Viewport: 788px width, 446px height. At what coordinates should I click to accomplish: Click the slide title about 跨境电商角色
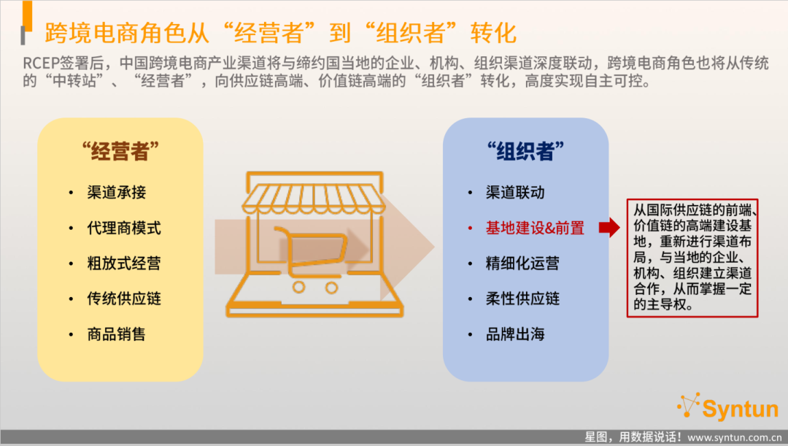pyautogui.click(x=280, y=33)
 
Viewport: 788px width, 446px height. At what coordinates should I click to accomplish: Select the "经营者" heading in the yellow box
pyautogui.click(x=120, y=151)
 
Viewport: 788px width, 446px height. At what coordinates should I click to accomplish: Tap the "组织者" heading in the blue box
pyautogui.click(x=525, y=151)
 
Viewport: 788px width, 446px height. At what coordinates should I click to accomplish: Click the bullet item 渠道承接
pyautogui.click(x=117, y=192)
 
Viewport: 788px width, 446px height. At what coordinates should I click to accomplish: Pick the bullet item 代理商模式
pyautogui.click(x=124, y=228)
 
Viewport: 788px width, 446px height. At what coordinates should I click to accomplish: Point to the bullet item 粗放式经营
pyautogui.click(x=124, y=263)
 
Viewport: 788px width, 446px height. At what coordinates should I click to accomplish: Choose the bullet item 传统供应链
pyautogui.click(x=124, y=299)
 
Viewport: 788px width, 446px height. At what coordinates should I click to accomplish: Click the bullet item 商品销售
pyautogui.click(x=117, y=334)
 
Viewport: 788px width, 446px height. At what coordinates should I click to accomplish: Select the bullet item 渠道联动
pyautogui.click(x=515, y=192)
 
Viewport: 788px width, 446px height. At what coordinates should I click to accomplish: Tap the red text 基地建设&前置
pyautogui.click(x=535, y=228)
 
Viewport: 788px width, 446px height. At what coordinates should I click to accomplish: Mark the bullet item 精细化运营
pyautogui.click(x=522, y=263)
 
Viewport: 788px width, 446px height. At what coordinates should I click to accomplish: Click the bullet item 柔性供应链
pyautogui.click(x=522, y=299)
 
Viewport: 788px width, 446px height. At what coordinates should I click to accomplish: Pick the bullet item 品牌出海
pyautogui.click(x=515, y=334)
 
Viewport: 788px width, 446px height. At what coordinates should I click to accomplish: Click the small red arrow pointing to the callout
pyautogui.click(x=609, y=227)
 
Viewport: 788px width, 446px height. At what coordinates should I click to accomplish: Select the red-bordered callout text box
pyautogui.click(x=692, y=258)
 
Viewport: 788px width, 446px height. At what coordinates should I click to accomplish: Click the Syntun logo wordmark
pyautogui.click(x=740, y=408)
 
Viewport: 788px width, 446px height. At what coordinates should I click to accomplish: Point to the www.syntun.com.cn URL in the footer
pyautogui.click(x=735, y=437)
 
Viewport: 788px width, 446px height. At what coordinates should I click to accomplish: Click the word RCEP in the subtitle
pyautogui.click(x=41, y=64)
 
